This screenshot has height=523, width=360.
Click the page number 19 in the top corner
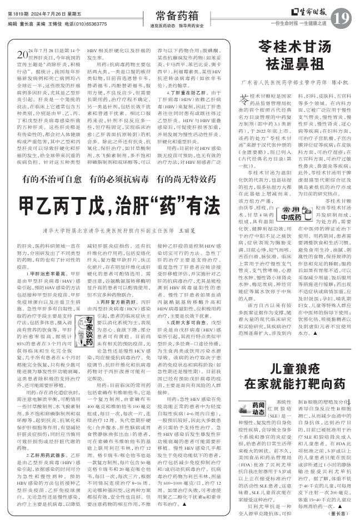343,19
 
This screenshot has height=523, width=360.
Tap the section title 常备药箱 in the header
174,16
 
